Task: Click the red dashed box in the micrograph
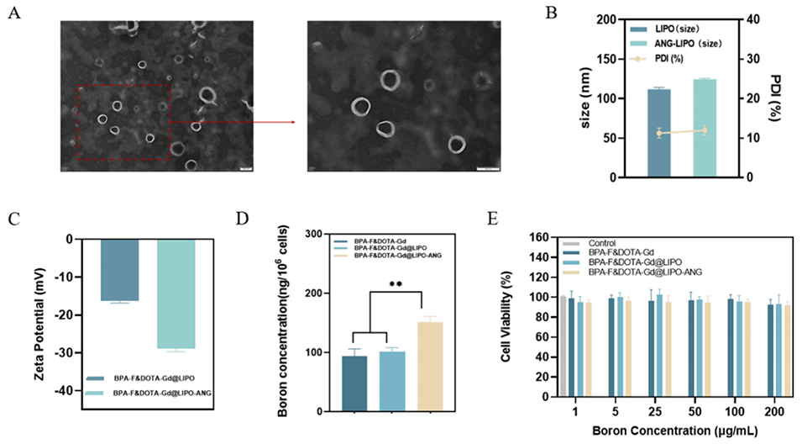coord(124,121)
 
